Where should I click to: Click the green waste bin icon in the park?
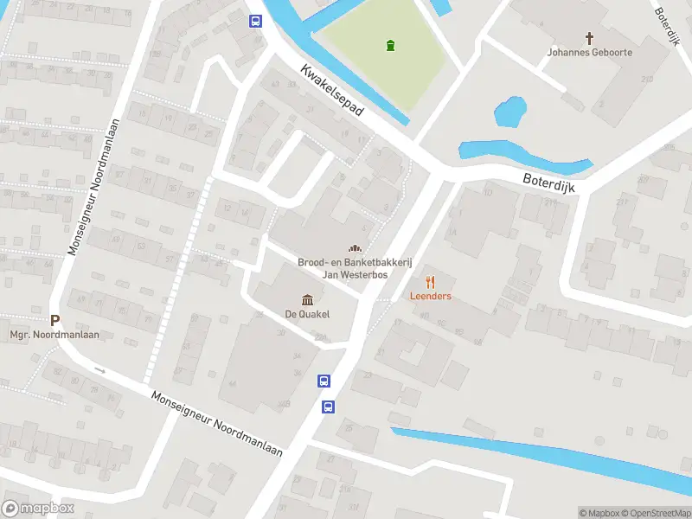[390, 45]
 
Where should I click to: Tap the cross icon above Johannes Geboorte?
[590, 38]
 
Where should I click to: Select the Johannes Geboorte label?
[589, 52]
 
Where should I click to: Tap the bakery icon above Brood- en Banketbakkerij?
[354, 248]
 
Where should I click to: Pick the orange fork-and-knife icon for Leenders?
[430, 282]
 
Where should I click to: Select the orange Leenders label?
[430, 296]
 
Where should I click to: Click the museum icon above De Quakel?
[307, 299]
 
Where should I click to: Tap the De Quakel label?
[307, 314]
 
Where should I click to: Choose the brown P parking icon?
[54, 320]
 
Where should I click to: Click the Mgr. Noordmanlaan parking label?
[43, 335]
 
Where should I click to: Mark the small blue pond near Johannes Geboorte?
[509, 112]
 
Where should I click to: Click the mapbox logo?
[38, 508]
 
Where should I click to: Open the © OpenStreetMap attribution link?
[657, 513]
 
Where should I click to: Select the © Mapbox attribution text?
[599, 513]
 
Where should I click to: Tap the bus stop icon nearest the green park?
[255, 22]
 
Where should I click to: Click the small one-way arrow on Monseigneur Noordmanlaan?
[99, 370]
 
